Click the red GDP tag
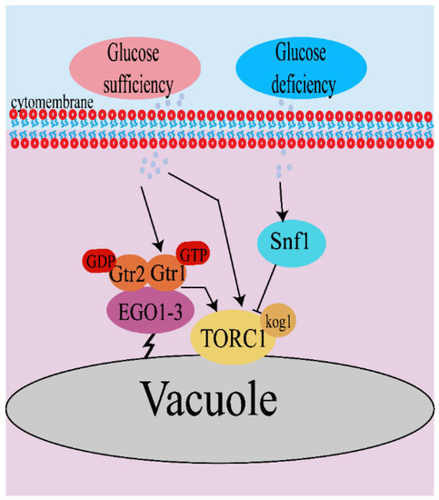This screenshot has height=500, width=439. click(103, 261)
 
